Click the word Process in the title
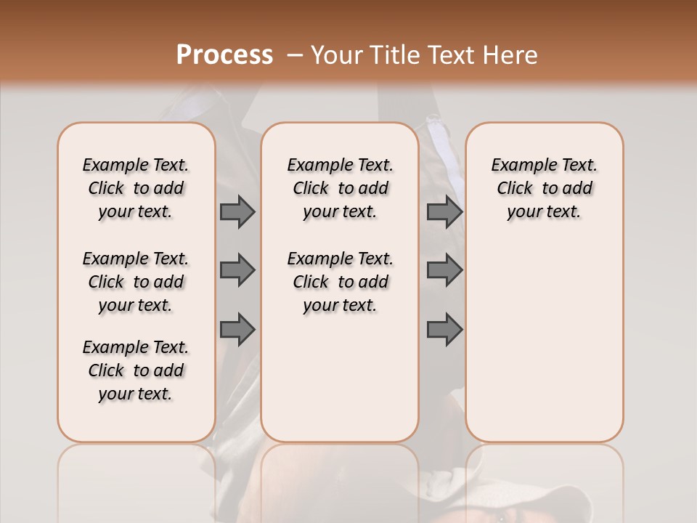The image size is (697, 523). (x=224, y=55)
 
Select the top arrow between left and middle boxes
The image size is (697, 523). (x=237, y=212)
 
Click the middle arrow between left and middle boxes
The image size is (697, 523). (x=237, y=270)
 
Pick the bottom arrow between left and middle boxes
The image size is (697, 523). (x=237, y=329)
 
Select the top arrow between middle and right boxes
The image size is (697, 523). (x=444, y=212)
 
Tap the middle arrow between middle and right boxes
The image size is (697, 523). (x=444, y=270)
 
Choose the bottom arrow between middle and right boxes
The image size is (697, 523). (x=444, y=329)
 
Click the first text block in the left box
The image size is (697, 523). (x=136, y=188)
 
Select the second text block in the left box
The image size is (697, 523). (x=136, y=282)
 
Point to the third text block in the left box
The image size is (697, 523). (x=136, y=370)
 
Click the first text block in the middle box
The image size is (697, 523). (x=340, y=188)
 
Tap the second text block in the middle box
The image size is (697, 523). (x=340, y=282)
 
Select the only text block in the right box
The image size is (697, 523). (x=545, y=188)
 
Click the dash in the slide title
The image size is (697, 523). (x=295, y=55)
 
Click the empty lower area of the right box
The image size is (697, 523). (x=545, y=349)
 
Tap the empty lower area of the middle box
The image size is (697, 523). (x=340, y=378)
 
